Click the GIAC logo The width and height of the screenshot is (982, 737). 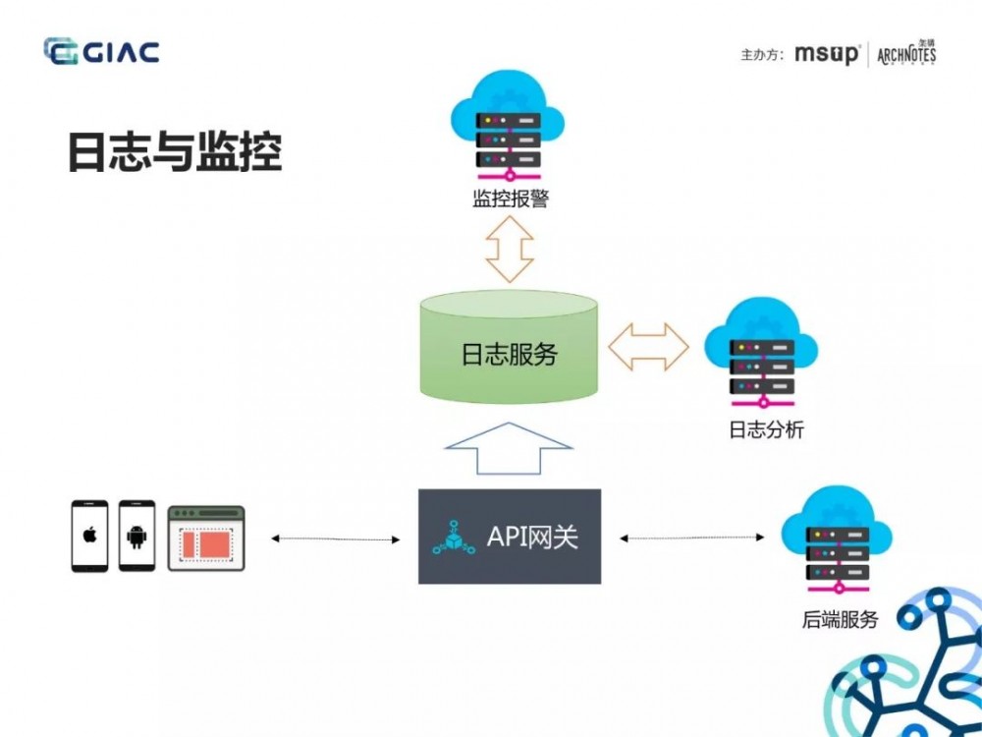pyautogui.click(x=101, y=51)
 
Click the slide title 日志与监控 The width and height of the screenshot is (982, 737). pyautogui.click(x=175, y=151)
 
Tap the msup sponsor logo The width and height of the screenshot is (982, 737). pyautogui.click(x=827, y=54)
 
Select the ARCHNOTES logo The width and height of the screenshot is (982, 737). pyautogui.click(x=906, y=53)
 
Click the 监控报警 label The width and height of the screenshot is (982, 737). pyautogui.click(x=510, y=200)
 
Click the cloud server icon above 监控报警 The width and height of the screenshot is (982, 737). pyautogui.click(x=509, y=133)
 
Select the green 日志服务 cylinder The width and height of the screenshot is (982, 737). pyautogui.click(x=509, y=349)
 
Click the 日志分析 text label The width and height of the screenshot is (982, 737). pyautogui.click(x=765, y=429)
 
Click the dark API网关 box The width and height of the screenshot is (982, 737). pyautogui.click(x=509, y=536)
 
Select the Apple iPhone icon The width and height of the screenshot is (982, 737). pyautogui.click(x=89, y=536)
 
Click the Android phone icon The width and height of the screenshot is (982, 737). pyautogui.click(x=136, y=536)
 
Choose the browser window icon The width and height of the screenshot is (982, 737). pyautogui.click(x=205, y=539)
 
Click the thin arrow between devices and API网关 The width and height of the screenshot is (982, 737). pyautogui.click(x=336, y=539)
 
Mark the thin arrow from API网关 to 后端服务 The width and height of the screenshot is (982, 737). pyautogui.click(x=692, y=538)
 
